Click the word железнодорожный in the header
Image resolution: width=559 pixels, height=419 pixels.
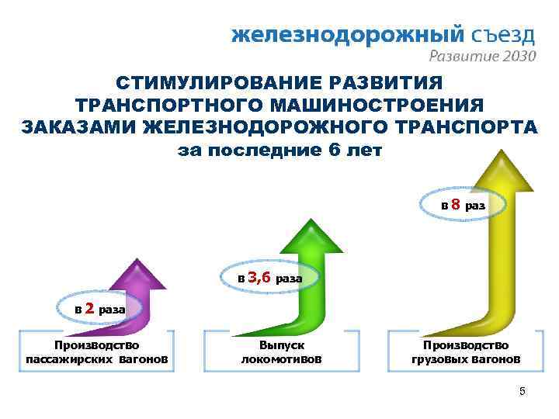coord(348,35)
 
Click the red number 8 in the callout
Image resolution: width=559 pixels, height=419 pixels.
coord(457,205)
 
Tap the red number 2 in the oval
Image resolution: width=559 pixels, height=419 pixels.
coord(89,308)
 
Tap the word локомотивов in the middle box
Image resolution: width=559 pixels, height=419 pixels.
coord(281,359)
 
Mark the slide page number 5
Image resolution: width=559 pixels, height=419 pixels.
coord(523,392)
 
